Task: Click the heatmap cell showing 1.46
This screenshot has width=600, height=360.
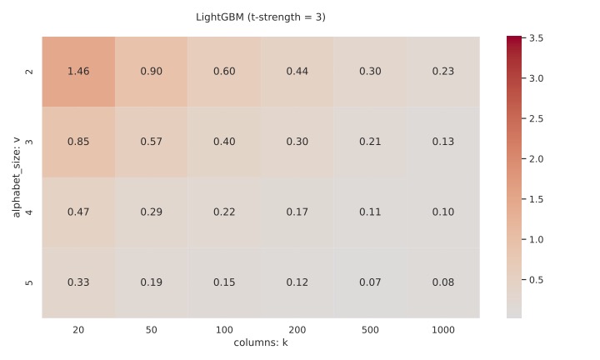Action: [x=78, y=72]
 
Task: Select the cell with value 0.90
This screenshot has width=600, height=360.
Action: [x=151, y=72]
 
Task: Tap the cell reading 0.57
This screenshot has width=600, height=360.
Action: [x=151, y=142]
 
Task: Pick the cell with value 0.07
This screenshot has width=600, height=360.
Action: [x=370, y=282]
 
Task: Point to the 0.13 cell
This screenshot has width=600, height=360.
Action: [x=443, y=142]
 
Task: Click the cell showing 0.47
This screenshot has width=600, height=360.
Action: [x=78, y=212]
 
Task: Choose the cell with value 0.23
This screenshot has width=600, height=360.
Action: [x=443, y=72]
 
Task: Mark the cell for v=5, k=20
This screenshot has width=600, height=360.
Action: [x=78, y=282]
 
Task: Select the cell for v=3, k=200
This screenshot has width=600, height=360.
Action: [x=297, y=142]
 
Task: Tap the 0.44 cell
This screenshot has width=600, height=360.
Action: [x=297, y=72]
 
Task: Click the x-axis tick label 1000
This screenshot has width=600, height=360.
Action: [x=443, y=330]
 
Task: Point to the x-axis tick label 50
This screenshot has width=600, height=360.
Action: [x=151, y=330]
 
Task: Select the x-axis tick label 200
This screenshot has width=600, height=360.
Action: [x=297, y=330]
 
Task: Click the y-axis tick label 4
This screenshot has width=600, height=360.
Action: [x=30, y=212]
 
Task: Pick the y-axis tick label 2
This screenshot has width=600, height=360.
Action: [x=30, y=72]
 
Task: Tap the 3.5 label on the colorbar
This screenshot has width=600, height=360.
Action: [x=537, y=38]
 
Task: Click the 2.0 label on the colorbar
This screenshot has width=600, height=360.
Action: [x=537, y=158]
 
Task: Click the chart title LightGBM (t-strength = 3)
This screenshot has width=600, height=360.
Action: [x=261, y=17]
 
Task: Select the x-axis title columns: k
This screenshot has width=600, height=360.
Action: [x=261, y=342]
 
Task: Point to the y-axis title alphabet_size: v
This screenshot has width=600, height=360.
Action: [x=16, y=177]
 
